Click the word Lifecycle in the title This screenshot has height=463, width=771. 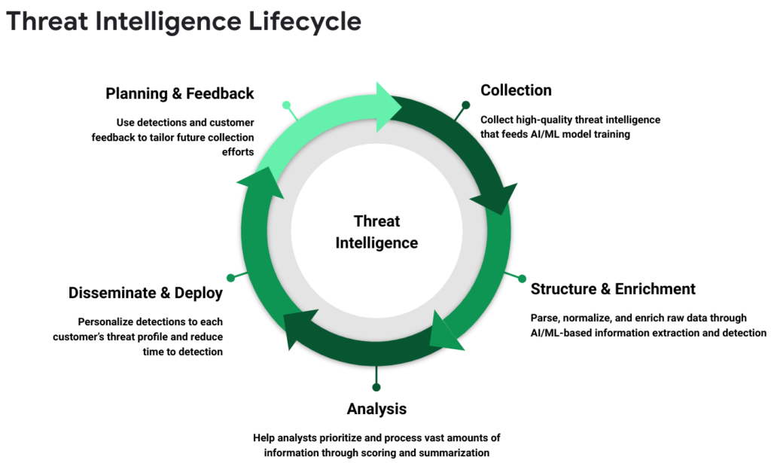click(x=304, y=22)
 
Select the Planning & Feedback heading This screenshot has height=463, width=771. click(x=180, y=94)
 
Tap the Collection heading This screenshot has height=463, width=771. click(x=516, y=90)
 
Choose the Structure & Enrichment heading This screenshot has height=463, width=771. click(x=613, y=289)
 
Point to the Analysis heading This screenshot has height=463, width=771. click(x=376, y=409)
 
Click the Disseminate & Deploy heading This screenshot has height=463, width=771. click(x=145, y=293)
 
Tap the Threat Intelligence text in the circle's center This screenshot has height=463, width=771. click(x=376, y=232)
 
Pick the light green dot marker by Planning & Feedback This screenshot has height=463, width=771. click(x=286, y=105)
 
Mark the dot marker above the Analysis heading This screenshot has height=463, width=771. click(x=376, y=387)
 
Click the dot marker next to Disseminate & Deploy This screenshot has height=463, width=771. click(x=230, y=278)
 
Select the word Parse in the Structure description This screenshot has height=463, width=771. click(x=545, y=318)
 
